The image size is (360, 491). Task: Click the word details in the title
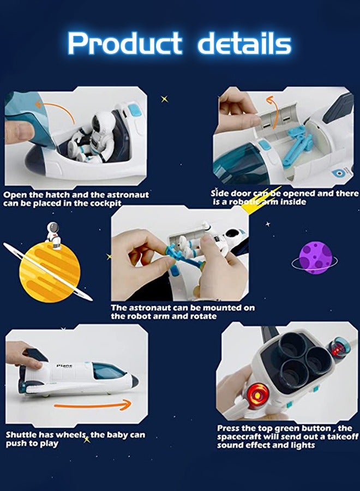point(244,44)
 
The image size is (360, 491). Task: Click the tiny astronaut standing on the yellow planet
point(53,234)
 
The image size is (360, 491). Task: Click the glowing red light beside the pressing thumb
point(259,392)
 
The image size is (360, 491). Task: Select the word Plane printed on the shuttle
point(65,366)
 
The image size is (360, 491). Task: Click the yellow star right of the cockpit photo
point(164,99)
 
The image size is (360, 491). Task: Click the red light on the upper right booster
point(338,349)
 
